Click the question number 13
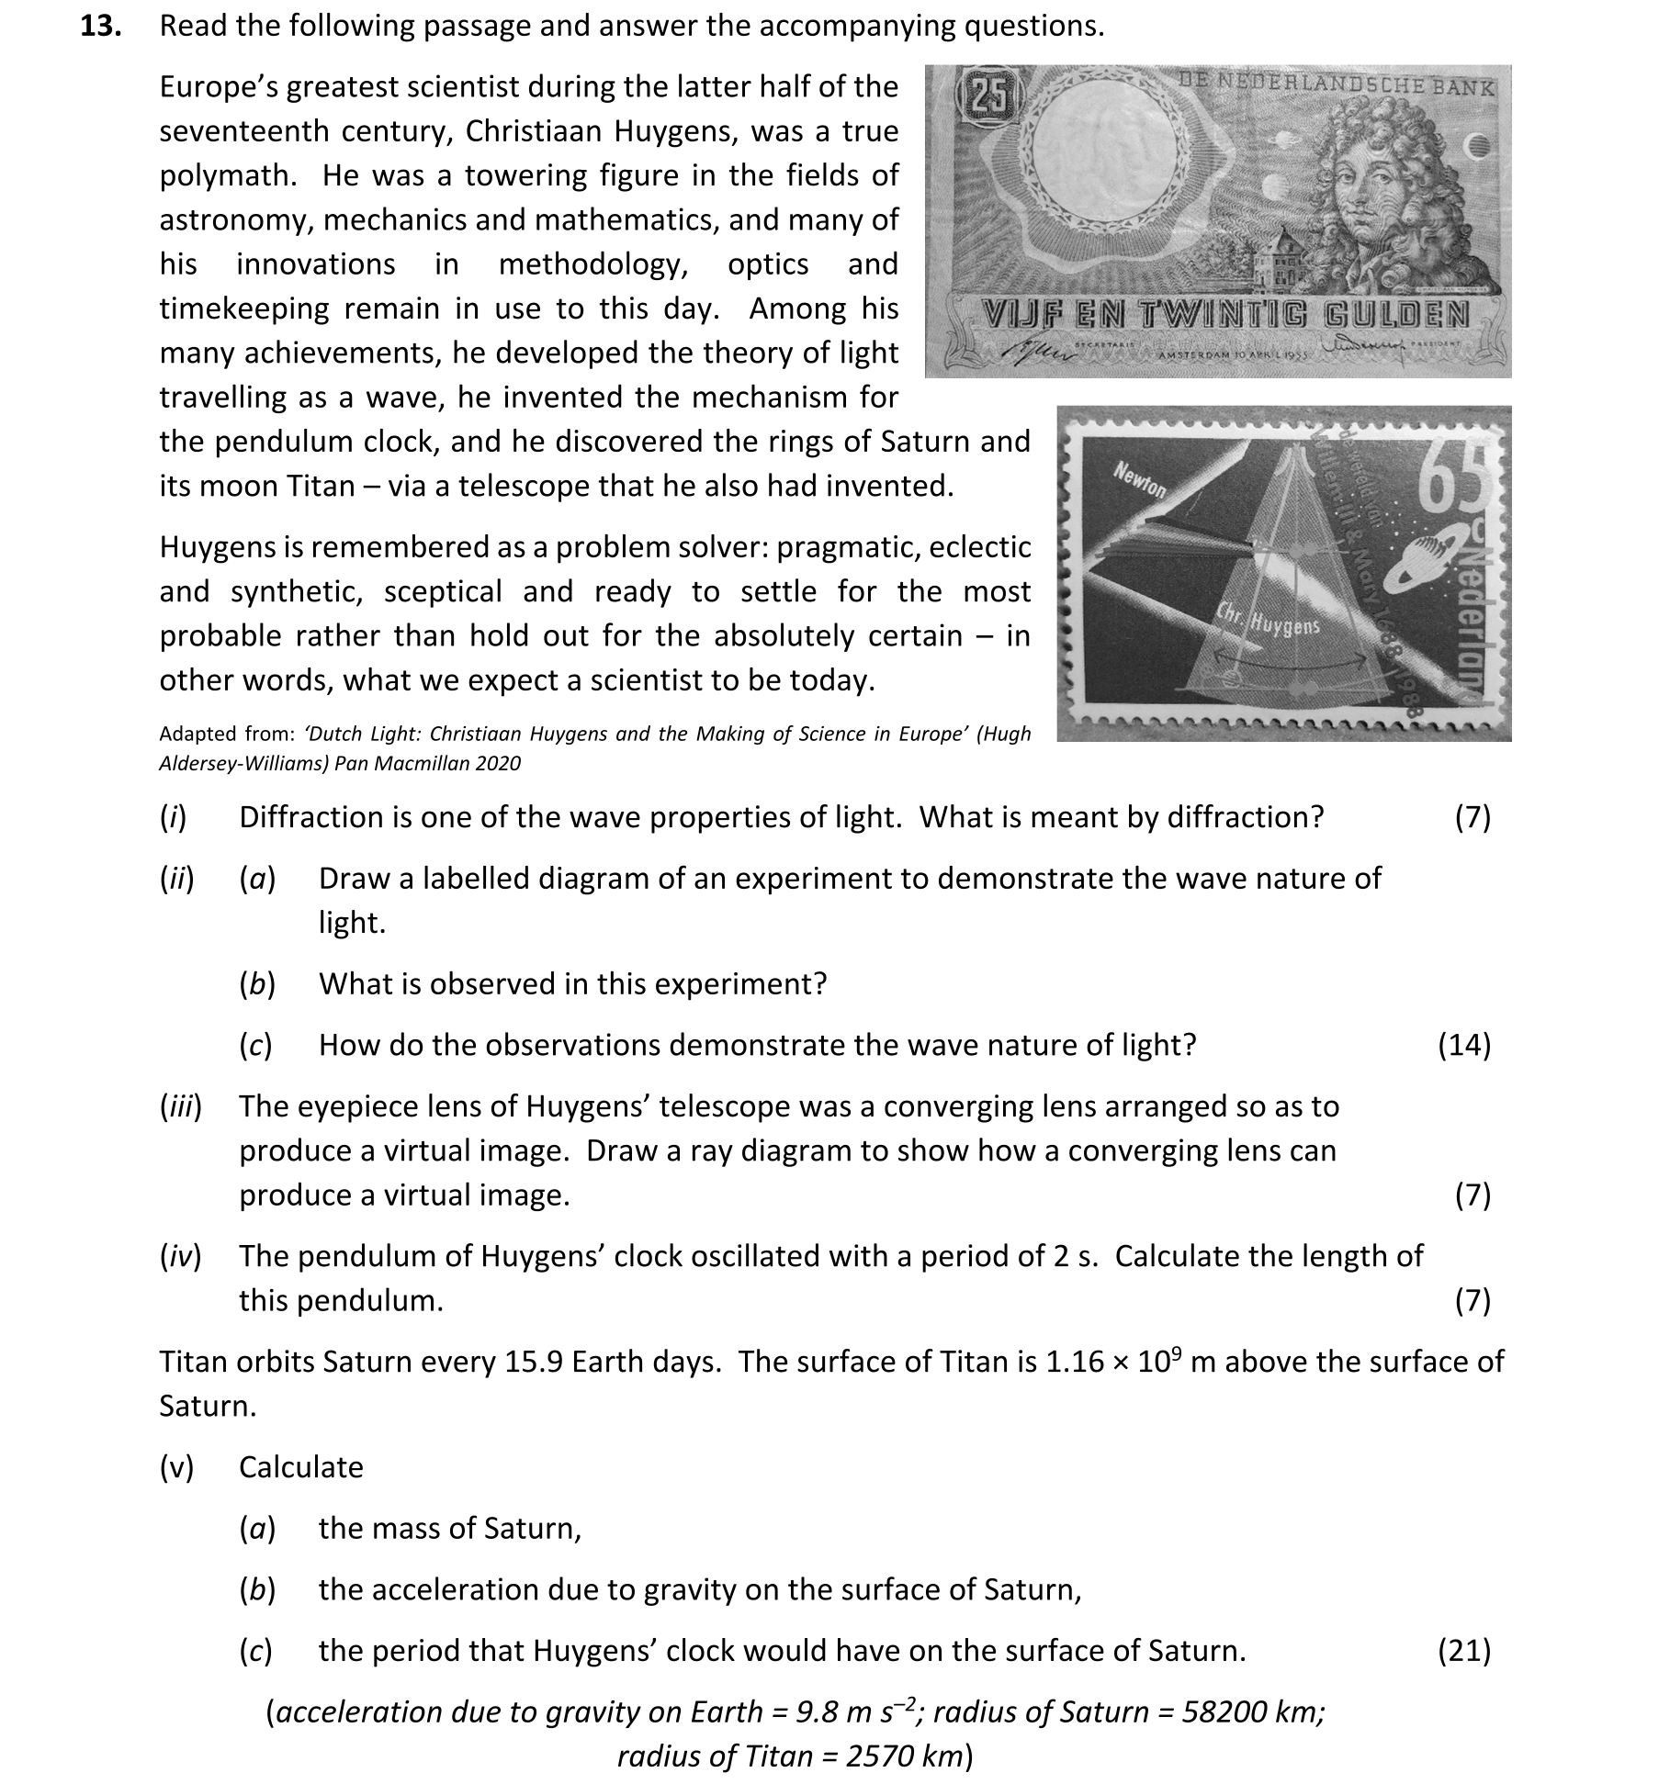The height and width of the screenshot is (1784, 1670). coord(101,26)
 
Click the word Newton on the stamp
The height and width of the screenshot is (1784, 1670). coord(1140,480)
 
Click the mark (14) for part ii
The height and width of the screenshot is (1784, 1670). coord(1463,1045)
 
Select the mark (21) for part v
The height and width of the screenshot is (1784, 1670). coord(1463,1651)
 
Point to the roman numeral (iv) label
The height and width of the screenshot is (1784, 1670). coord(180,1256)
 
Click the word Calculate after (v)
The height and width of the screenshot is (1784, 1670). coord(300,1467)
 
